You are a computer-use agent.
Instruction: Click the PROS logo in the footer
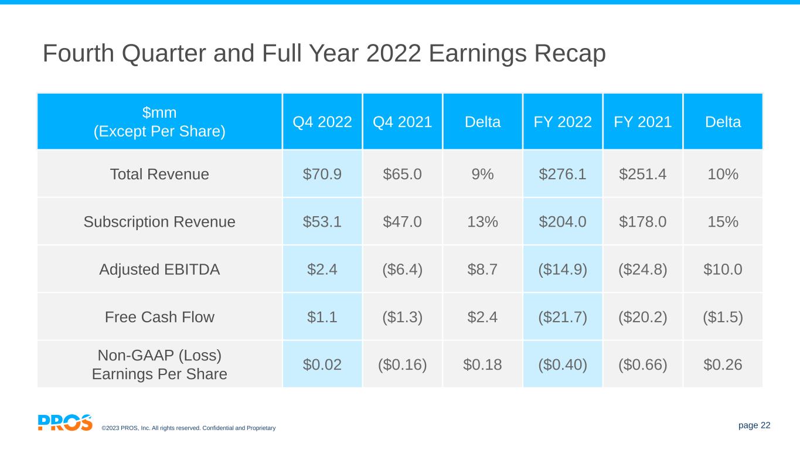(x=65, y=422)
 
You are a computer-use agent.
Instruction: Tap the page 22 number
(x=755, y=425)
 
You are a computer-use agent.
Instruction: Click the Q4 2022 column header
(x=322, y=122)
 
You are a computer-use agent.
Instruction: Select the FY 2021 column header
(x=642, y=122)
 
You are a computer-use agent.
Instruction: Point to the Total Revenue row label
(x=159, y=174)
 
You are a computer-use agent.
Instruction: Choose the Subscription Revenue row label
(x=159, y=221)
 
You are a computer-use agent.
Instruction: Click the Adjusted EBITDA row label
(x=159, y=270)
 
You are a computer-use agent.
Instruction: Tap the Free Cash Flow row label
(x=159, y=317)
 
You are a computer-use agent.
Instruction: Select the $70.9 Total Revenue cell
(x=322, y=174)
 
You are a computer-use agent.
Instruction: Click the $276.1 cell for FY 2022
(x=563, y=174)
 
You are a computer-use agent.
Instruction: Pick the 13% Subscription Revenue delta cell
(x=482, y=221)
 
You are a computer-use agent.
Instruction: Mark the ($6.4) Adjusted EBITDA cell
(x=402, y=270)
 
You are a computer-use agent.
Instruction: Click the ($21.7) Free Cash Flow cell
(x=563, y=317)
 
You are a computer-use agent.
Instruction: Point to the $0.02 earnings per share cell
(x=322, y=364)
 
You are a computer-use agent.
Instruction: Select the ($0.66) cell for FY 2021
(x=642, y=364)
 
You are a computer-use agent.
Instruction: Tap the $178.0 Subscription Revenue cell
(x=642, y=221)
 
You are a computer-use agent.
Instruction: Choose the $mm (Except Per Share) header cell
(x=159, y=121)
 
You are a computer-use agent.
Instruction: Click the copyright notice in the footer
(x=188, y=428)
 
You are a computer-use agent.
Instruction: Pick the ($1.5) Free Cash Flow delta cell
(x=723, y=317)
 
